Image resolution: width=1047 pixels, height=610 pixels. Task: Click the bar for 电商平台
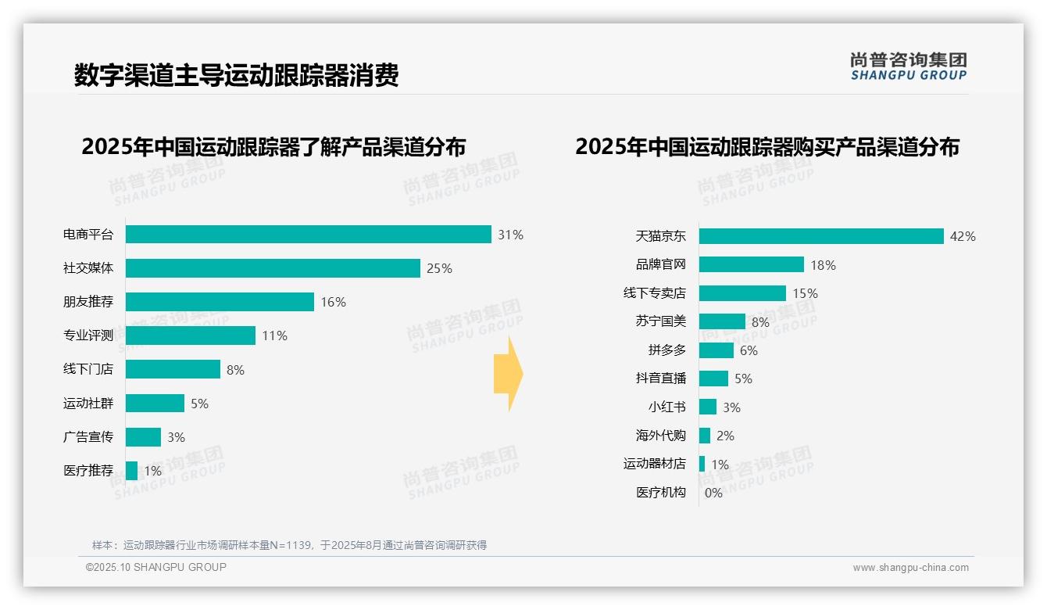pyautogui.click(x=308, y=235)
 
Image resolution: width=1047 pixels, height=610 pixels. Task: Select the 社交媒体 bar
pyautogui.click(x=273, y=268)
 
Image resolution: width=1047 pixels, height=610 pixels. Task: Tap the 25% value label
pyautogui.click(x=439, y=269)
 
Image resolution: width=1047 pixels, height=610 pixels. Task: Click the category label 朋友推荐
pyautogui.click(x=88, y=302)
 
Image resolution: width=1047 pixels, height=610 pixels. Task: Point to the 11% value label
pyautogui.click(x=274, y=336)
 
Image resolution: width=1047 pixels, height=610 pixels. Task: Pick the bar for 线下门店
pyautogui.click(x=173, y=369)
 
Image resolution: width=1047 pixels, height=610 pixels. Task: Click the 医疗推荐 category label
pyautogui.click(x=88, y=471)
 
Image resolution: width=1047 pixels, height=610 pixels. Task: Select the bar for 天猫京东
pyautogui.click(x=821, y=236)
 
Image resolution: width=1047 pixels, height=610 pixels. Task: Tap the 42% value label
pyautogui.click(x=963, y=237)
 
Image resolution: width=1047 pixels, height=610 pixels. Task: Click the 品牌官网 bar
pyautogui.click(x=751, y=264)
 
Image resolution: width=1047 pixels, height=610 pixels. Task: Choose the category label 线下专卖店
pyautogui.click(x=654, y=293)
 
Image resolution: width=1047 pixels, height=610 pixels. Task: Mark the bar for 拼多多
pyautogui.click(x=716, y=350)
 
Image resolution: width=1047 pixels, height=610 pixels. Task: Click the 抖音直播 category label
pyautogui.click(x=660, y=379)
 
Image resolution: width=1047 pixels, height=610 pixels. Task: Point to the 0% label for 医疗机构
pyautogui.click(x=713, y=493)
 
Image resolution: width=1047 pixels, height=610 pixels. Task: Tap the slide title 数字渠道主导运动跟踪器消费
pyautogui.click(x=236, y=76)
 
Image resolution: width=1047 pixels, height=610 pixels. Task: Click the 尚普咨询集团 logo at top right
pyautogui.click(x=908, y=66)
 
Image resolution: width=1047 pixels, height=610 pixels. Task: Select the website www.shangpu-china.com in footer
pyautogui.click(x=910, y=568)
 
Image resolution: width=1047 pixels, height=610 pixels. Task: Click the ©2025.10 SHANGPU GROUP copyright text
pyautogui.click(x=156, y=567)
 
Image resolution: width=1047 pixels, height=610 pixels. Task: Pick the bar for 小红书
pyautogui.click(x=707, y=407)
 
